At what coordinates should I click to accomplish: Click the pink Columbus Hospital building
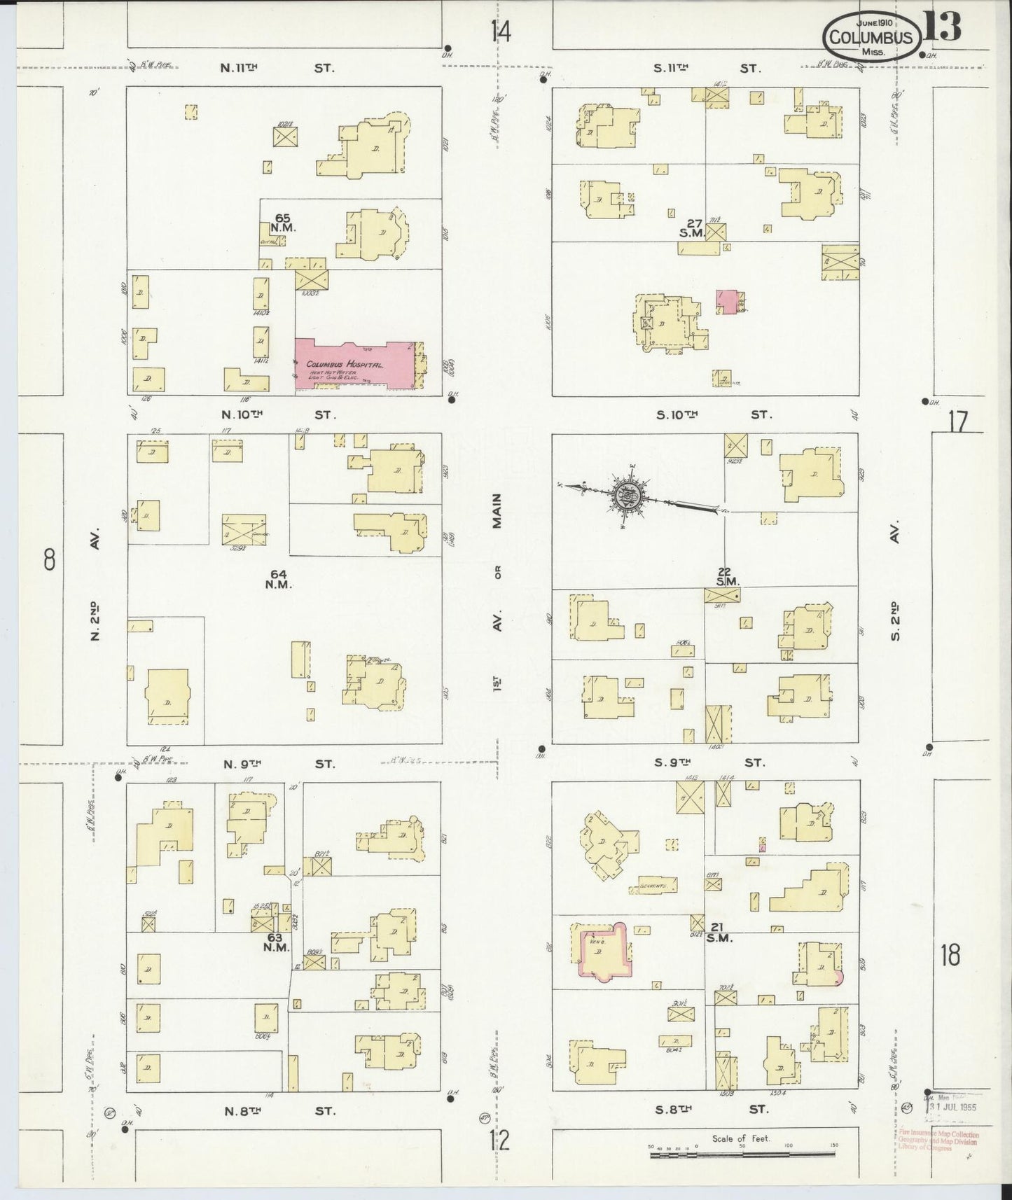coord(354,364)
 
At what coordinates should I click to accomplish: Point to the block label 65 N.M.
coord(282,223)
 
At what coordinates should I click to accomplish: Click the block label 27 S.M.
coord(693,228)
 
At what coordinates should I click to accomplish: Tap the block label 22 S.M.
coord(723,576)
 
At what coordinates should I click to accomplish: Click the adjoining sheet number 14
coord(501,32)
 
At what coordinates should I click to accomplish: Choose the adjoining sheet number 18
coord(950,955)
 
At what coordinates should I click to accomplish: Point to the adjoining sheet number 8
coord(49,559)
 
